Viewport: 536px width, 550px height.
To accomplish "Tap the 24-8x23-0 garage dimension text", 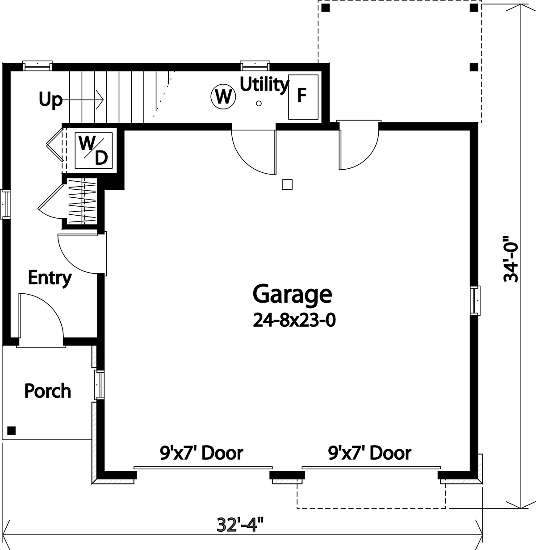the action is [294, 320].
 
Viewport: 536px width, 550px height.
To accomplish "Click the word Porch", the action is [47, 391].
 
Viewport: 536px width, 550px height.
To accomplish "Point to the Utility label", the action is [264, 84].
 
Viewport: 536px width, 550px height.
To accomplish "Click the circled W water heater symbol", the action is [223, 97].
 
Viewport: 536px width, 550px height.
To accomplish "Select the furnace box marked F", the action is [303, 97].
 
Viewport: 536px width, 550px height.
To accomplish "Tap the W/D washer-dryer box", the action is [94, 150].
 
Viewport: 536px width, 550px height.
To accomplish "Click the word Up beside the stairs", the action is [50, 100].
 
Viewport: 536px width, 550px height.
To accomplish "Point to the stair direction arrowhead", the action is [100, 100].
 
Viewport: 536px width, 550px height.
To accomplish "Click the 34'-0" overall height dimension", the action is [511, 259].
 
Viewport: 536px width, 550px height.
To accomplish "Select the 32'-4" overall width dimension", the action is [240, 525].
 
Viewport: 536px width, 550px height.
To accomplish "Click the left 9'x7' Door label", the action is [201, 453].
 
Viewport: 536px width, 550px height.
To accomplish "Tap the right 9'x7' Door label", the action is [370, 453].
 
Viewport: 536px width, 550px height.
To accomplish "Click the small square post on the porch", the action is [11, 430].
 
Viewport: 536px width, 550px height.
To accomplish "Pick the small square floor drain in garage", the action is [287, 184].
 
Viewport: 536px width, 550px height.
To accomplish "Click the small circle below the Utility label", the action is [259, 104].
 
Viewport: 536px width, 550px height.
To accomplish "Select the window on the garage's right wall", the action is [475, 300].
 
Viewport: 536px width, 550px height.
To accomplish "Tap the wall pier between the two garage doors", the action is [287, 475].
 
